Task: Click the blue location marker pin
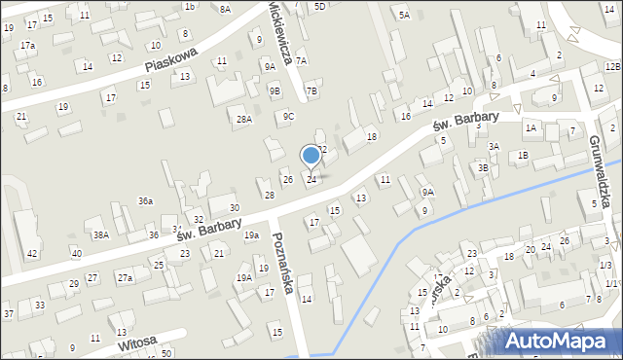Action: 311,156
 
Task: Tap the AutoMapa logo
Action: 562,341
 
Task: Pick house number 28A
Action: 244,120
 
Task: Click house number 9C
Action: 289,117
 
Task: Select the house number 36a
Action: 145,201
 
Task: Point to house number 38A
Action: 100,235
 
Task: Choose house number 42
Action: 32,254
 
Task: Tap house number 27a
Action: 125,278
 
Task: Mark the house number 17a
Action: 28,46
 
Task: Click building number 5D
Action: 319,7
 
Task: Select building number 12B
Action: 612,66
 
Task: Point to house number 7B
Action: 311,91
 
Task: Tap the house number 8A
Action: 225,9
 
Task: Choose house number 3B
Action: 483,167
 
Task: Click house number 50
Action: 166,352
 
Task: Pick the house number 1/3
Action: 605,266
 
